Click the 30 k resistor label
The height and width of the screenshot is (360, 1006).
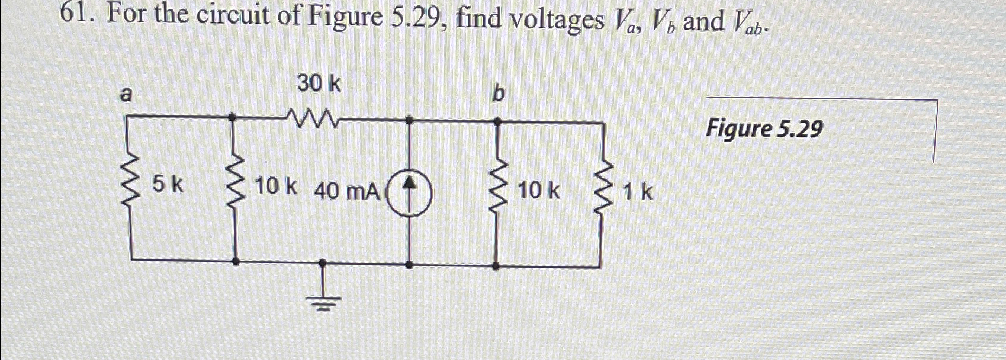point(319,84)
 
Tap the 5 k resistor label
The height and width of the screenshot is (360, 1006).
point(168,186)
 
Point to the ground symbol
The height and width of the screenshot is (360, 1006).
point(323,299)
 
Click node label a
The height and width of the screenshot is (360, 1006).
point(126,95)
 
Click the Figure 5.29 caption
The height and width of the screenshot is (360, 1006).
point(764,128)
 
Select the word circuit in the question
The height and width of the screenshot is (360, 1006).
point(234,17)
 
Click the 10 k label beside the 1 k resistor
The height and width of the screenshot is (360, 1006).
point(538,191)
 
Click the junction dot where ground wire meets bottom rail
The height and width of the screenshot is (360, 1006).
point(323,261)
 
